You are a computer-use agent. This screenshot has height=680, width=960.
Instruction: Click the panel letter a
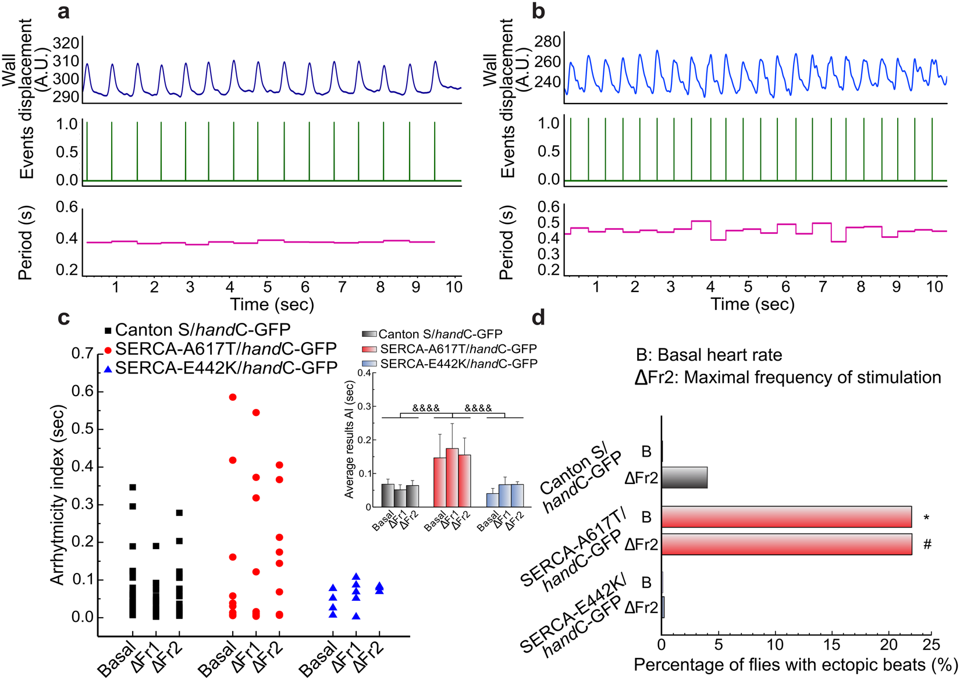coord(63,12)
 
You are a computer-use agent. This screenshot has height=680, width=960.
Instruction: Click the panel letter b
coord(539,12)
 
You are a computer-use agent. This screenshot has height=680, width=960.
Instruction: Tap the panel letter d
coord(539,318)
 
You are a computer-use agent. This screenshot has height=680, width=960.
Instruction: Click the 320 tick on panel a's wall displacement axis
coord(65,44)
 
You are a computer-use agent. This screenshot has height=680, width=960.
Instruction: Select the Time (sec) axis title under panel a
coord(272,304)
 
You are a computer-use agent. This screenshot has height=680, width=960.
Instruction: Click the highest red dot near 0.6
coord(233,397)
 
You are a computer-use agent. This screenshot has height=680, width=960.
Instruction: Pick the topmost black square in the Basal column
coord(133,487)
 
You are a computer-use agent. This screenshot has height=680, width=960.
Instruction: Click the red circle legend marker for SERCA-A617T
coord(108,350)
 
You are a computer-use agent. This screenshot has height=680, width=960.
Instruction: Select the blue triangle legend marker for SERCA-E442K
coord(108,369)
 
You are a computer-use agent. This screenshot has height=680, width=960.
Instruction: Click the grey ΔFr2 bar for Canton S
coord(684,478)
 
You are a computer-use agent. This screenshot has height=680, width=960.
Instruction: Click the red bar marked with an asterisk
coord(786,517)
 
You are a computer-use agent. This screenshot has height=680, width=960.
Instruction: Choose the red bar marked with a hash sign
coord(786,544)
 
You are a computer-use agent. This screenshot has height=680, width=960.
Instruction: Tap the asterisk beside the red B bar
coord(926,518)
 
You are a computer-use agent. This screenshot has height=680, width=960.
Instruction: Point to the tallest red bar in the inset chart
coord(451,477)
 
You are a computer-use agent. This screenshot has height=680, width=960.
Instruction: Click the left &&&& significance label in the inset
coord(426,408)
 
